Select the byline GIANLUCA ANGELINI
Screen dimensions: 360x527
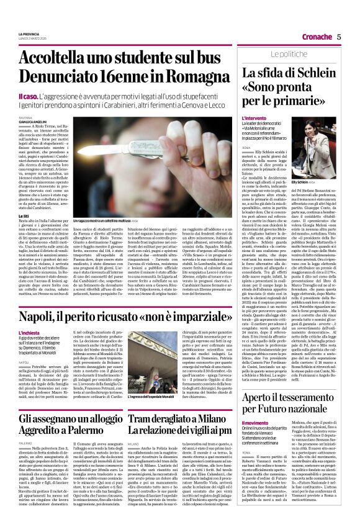point(33,122)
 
